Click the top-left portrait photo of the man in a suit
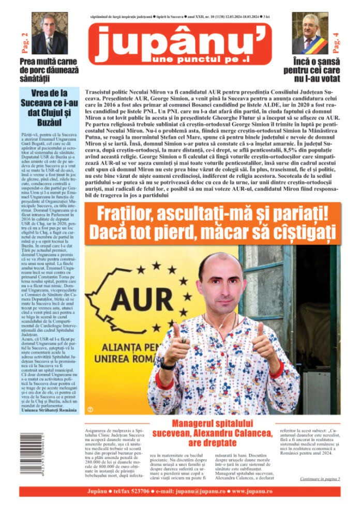pos(50,33)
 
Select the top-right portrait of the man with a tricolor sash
pos(310,33)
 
